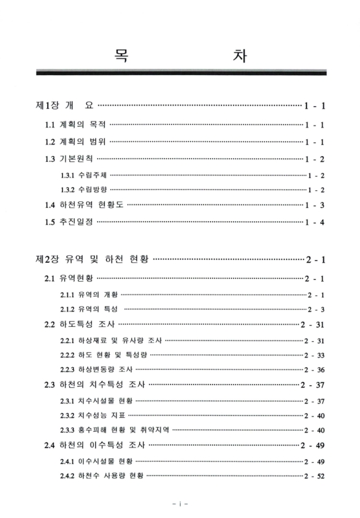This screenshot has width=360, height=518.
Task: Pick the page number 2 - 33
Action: (314, 355)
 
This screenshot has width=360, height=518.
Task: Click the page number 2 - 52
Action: (314, 477)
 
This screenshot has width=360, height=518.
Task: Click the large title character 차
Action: (238, 55)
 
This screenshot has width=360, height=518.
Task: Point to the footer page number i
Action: (179, 502)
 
